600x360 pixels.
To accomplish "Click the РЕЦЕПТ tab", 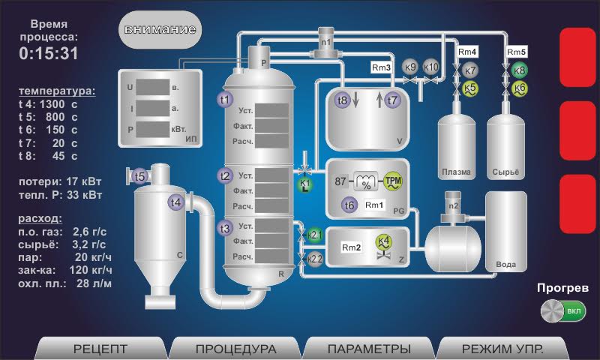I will (100, 349).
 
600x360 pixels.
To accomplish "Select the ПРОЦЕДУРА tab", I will (235, 349).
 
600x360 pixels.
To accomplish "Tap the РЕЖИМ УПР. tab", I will (502, 349).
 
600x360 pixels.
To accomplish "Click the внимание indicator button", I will (160, 30).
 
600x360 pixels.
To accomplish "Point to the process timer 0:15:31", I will (49, 53).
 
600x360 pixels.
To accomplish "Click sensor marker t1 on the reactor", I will (225, 99).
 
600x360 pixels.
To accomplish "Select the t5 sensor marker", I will (139, 176).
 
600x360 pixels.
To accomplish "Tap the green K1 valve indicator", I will (305, 184).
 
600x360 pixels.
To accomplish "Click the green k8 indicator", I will (519, 71).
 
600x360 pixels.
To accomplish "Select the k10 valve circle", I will (431, 67).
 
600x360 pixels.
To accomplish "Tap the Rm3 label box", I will (382, 67).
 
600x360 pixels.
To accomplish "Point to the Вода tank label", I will (506, 265).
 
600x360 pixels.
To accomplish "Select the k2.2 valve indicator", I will (315, 259).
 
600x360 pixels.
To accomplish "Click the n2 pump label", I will (453, 205).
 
